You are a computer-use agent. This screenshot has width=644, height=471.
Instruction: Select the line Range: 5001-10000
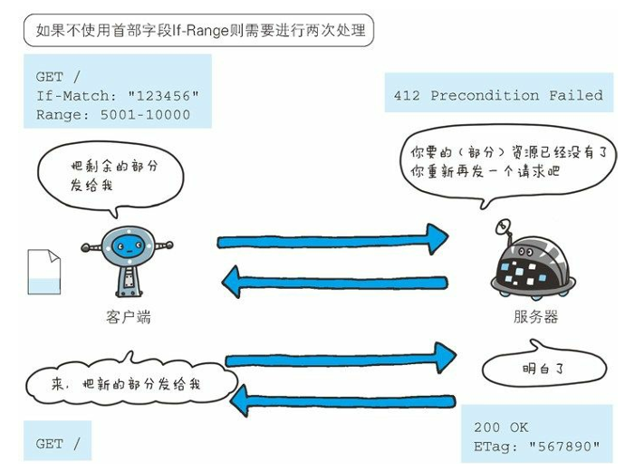[x=113, y=114]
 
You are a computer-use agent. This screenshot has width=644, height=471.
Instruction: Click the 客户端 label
[x=128, y=317]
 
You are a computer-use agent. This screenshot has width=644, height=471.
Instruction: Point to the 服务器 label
[x=535, y=317]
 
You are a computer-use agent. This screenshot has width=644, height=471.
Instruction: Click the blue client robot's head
[x=126, y=242]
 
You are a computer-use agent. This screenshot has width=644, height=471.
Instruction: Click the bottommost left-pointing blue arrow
[x=344, y=399]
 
